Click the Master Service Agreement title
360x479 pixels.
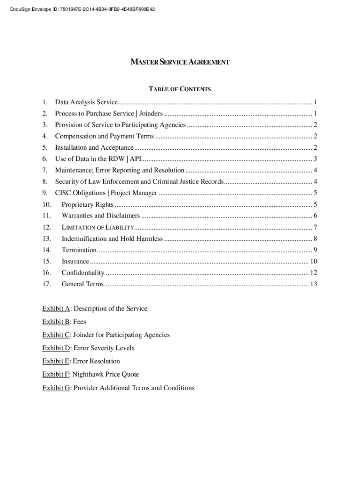(x=180, y=62)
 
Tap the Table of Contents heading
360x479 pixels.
(x=180, y=89)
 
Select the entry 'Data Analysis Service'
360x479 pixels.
(x=86, y=102)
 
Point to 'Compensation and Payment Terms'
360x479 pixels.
(x=104, y=136)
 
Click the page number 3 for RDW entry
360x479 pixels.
(x=316, y=159)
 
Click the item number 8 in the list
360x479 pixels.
(x=45, y=181)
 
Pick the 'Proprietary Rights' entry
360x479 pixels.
(x=87, y=204)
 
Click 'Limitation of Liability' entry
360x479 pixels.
(x=98, y=227)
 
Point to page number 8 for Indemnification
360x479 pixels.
(x=316, y=239)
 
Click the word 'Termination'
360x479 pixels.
(x=79, y=250)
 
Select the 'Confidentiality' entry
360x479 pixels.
(x=83, y=273)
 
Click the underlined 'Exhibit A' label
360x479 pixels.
(x=56, y=309)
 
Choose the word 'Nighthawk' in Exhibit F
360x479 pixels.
(x=88, y=374)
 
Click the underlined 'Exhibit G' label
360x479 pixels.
(x=56, y=388)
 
